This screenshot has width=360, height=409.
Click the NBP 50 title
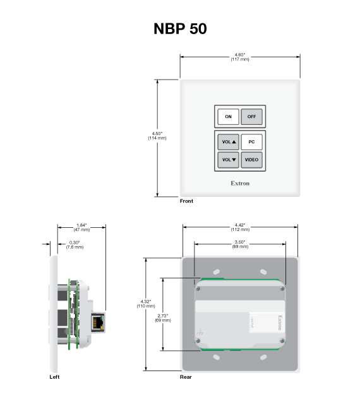pyautogui.click(x=180, y=29)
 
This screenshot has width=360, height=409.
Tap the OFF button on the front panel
pyautogui.click(x=251, y=117)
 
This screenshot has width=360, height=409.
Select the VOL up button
pyautogui.click(x=228, y=142)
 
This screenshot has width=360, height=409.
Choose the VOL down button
pyautogui.click(x=228, y=160)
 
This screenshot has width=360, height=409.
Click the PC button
pyautogui.click(x=251, y=142)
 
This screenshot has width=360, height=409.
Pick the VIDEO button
pyautogui.click(x=251, y=160)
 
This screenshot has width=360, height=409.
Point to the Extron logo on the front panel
pyautogui.click(x=240, y=184)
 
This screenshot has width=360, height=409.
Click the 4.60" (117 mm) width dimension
pyautogui.click(x=240, y=57)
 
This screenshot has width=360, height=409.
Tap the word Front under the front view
pyautogui.click(x=186, y=201)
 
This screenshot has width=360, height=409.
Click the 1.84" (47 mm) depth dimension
pyautogui.click(x=81, y=227)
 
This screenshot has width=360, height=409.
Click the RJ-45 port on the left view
pyautogui.click(x=99, y=321)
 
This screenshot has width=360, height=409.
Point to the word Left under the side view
pyautogui.click(x=55, y=377)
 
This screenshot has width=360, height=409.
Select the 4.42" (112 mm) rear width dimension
pyautogui.click(x=240, y=227)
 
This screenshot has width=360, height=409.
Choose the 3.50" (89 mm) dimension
pyautogui.click(x=240, y=244)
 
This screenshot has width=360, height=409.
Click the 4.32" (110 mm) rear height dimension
pyautogui.click(x=146, y=304)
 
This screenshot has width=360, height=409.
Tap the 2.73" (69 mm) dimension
pyautogui.click(x=163, y=318)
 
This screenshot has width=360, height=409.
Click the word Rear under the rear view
pyautogui.click(x=186, y=377)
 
